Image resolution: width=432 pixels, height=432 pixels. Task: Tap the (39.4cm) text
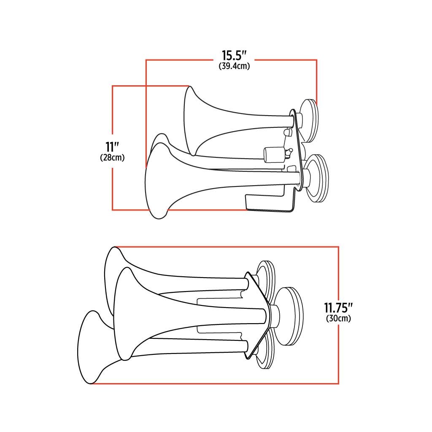pos(234,66)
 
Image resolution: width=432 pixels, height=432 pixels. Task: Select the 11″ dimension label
pos(112,147)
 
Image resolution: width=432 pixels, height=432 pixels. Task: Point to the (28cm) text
pos(112,158)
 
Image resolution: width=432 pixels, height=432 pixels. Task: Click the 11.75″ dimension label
pos(339,308)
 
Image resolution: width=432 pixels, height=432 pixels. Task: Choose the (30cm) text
pos(339,319)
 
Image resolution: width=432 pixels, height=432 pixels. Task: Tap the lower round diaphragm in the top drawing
pos(317,178)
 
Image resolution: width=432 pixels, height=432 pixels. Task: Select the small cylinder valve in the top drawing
pos(274,155)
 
